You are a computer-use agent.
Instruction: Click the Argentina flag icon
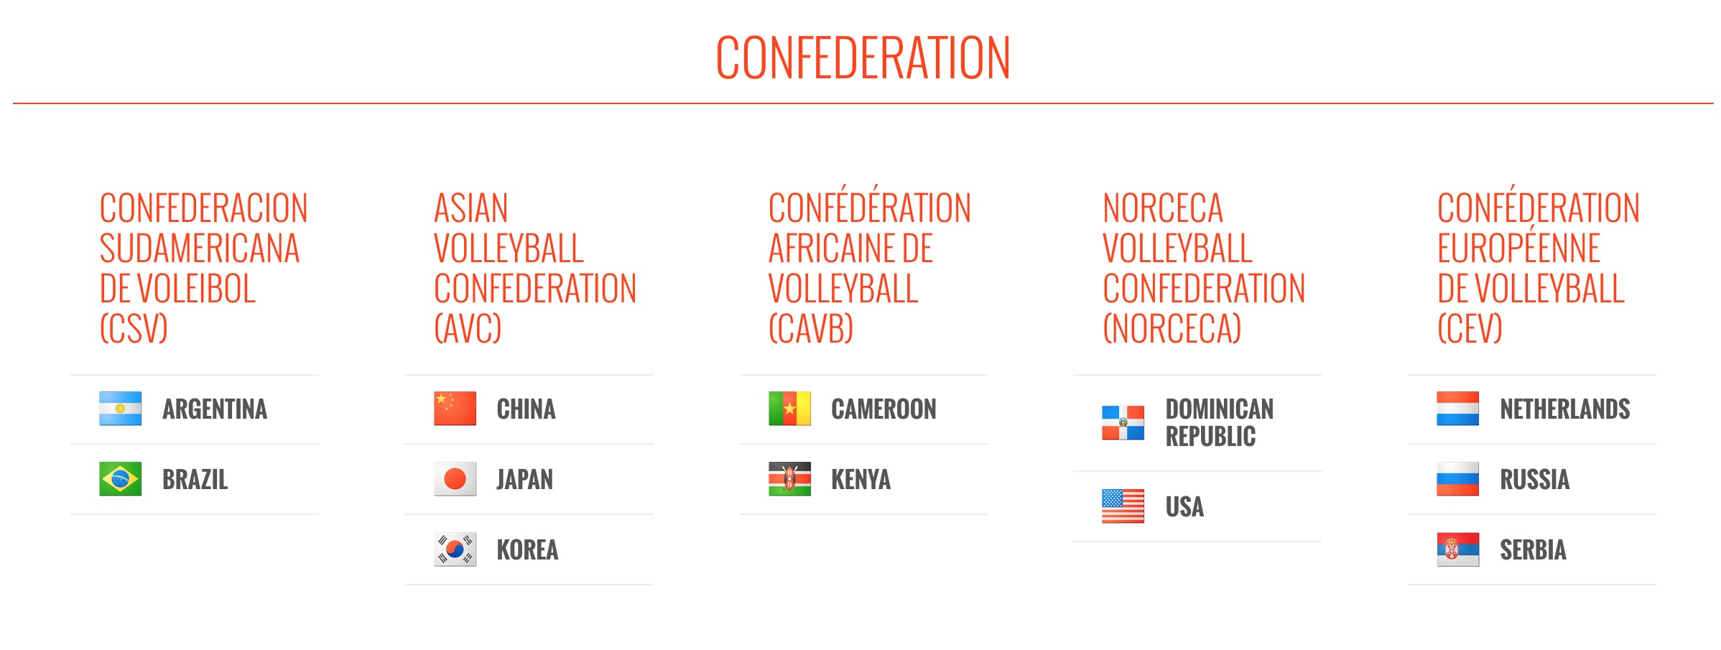[x=120, y=409]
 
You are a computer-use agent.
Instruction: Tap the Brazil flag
[x=120, y=479]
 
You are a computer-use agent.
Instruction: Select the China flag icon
[x=455, y=409]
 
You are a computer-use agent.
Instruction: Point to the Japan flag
[x=455, y=479]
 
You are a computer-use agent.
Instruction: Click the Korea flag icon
[x=455, y=549]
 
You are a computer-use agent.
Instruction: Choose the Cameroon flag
[x=789, y=409]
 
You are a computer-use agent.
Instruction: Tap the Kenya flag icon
[x=789, y=479]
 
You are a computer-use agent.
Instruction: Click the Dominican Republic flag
[x=1123, y=422]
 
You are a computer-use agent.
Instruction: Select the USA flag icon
[x=1123, y=506]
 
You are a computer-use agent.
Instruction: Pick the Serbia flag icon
[x=1458, y=549]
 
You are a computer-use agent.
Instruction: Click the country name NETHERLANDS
[x=1565, y=409]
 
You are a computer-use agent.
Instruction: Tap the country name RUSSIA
[x=1535, y=480]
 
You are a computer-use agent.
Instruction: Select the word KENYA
[x=861, y=480]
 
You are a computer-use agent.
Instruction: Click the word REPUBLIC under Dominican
[x=1211, y=436]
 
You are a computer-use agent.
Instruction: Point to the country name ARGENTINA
[x=215, y=409]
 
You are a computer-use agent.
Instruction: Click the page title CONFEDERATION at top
[x=863, y=57]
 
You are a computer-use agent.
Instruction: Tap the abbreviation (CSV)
[x=134, y=328]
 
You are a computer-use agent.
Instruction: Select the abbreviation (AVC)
[x=468, y=328]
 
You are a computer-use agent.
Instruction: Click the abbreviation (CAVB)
[x=811, y=328]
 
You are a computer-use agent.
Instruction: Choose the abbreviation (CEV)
[x=1470, y=328]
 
